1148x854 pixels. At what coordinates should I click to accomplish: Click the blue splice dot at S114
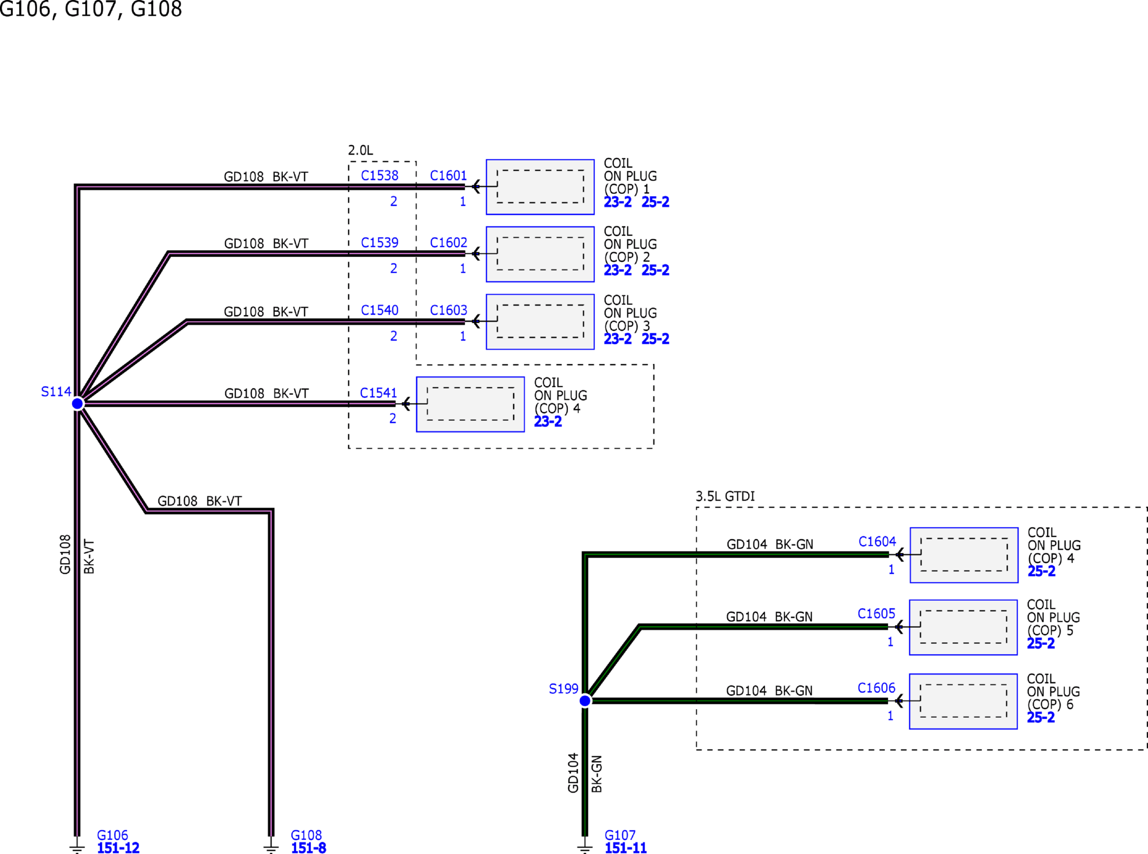tap(78, 404)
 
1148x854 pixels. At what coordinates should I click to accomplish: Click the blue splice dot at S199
tap(585, 701)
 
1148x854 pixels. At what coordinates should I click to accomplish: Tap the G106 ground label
tap(113, 835)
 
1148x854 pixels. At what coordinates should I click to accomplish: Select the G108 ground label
tap(306, 835)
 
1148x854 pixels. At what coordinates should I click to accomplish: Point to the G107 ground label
tap(620, 835)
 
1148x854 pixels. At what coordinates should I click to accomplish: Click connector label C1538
tap(380, 176)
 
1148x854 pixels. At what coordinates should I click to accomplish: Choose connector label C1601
tap(448, 176)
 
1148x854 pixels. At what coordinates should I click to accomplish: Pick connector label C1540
tap(380, 310)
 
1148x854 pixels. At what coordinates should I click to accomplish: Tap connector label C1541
tap(378, 393)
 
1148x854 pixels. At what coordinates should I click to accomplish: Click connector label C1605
tap(876, 614)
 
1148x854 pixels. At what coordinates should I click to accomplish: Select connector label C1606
tap(876, 688)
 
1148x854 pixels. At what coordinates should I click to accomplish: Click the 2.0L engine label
tap(361, 150)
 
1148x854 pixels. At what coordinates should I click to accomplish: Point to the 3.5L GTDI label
tap(725, 496)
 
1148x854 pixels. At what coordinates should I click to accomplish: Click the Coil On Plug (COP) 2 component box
tap(540, 254)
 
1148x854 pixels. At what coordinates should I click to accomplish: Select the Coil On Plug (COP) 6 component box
tap(963, 702)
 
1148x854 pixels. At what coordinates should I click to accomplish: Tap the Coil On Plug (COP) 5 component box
tap(963, 628)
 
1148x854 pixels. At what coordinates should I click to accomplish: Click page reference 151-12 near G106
tap(118, 848)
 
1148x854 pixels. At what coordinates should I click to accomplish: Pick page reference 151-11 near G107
tap(626, 848)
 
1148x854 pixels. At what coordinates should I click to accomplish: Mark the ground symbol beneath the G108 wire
tap(271, 845)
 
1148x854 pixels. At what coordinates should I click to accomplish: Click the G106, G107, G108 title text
tap(91, 9)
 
